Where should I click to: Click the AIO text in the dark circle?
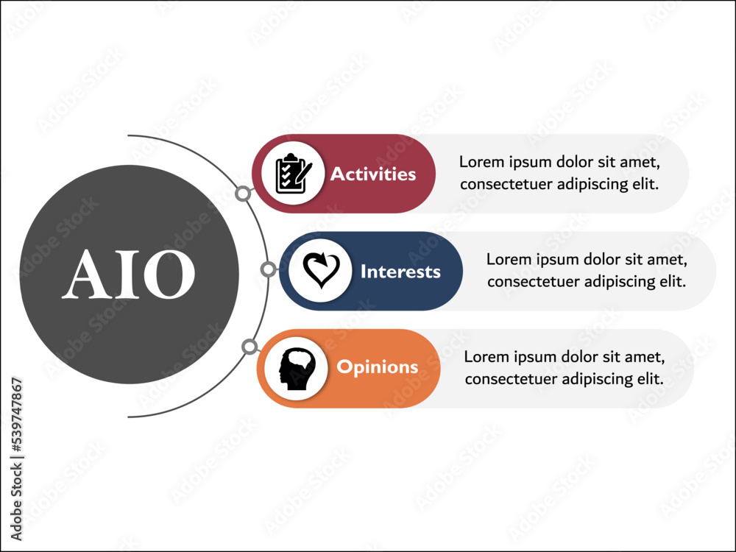coord(129,275)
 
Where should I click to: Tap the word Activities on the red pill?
coord(373,174)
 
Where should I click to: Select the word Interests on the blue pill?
coord(400,272)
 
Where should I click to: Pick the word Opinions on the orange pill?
coord(377,367)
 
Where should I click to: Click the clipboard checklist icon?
coord(292,174)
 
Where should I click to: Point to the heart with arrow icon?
coord(320,271)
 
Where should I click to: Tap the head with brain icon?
coord(296,368)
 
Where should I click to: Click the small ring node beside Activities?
coord(242,194)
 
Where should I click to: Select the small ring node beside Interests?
coord(269,269)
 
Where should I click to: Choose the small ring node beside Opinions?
coord(250,346)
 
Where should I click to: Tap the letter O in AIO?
coord(171,275)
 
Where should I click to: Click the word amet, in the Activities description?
coord(639,163)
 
